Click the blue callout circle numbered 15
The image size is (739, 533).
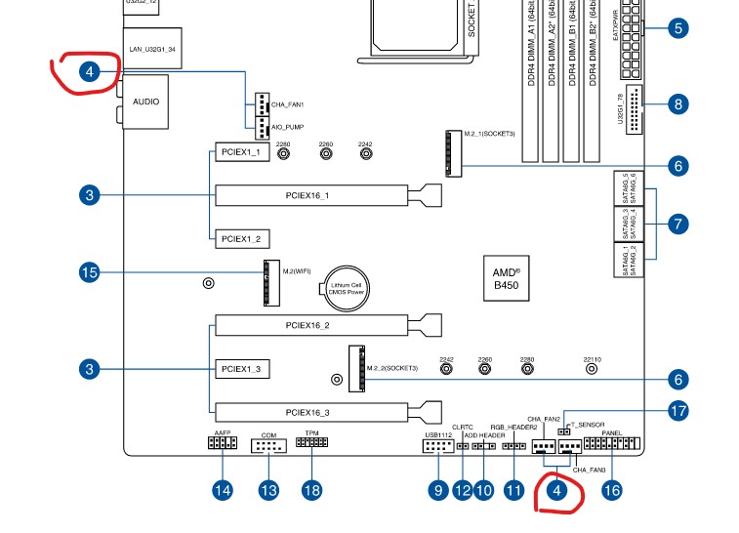(90, 272)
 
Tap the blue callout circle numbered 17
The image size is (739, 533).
(678, 412)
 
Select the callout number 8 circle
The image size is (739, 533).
(678, 104)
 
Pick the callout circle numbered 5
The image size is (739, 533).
(678, 27)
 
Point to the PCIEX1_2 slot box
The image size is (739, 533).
(240, 238)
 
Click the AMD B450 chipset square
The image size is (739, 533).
(505, 276)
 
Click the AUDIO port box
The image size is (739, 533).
(145, 102)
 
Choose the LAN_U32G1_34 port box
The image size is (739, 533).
(153, 48)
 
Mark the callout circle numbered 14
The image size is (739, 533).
(224, 491)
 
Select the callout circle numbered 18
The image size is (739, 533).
(311, 491)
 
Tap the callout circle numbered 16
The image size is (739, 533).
(611, 491)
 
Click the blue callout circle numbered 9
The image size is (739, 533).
(438, 491)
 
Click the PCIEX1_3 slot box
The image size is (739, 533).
(240, 370)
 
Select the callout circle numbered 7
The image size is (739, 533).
(678, 223)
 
